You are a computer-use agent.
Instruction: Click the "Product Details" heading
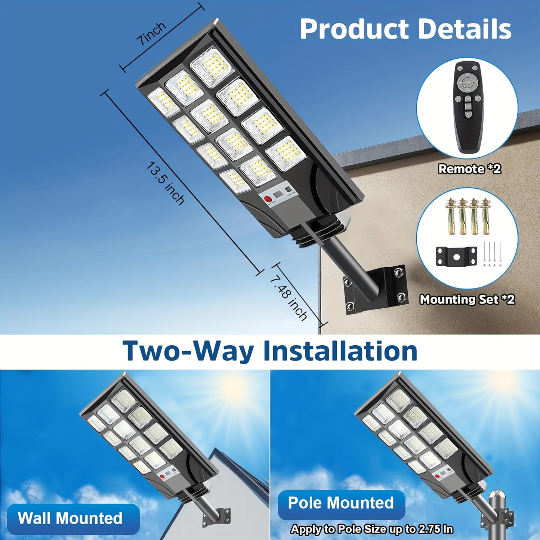tap(405, 29)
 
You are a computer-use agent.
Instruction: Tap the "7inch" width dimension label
tap(151, 34)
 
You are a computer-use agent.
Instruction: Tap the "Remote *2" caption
tap(469, 169)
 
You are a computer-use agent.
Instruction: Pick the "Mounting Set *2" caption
tap(467, 299)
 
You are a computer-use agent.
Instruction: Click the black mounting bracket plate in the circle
tap(456, 257)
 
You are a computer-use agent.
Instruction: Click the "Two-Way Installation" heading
tap(270, 351)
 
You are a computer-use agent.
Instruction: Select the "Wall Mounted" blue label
tap(70, 519)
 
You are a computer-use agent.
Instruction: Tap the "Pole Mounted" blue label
tap(341, 503)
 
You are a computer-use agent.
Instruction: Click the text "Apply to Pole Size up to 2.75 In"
tap(372, 529)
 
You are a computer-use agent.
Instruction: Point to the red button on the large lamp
tap(268, 199)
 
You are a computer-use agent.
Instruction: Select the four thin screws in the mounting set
tap(492, 254)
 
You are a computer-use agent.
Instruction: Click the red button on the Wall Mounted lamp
tap(162, 476)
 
